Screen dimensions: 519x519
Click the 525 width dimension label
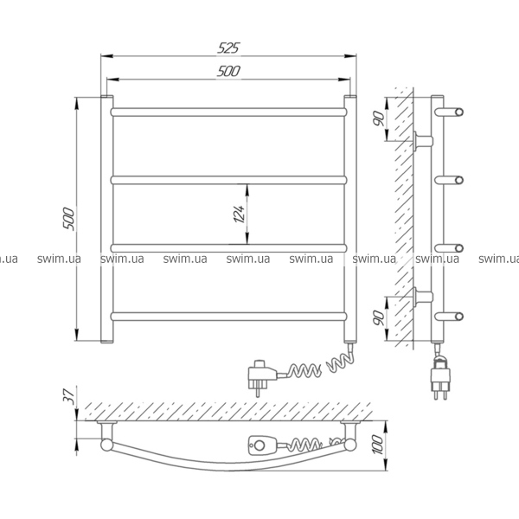click(x=228, y=48)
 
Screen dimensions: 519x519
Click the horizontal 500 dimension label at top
click(x=228, y=71)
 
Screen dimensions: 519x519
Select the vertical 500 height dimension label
click(x=69, y=219)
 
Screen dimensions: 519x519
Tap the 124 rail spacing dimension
click(x=240, y=214)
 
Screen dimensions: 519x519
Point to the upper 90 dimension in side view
click(x=379, y=119)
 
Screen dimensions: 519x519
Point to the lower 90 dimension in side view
click(x=379, y=317)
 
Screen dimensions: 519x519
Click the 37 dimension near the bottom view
click(x=68, y=394)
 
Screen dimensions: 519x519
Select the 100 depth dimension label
click(x=378, y=445)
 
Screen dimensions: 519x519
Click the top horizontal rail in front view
click(x=228, y=112)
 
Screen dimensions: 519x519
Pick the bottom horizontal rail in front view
click(x=228, y=317)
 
